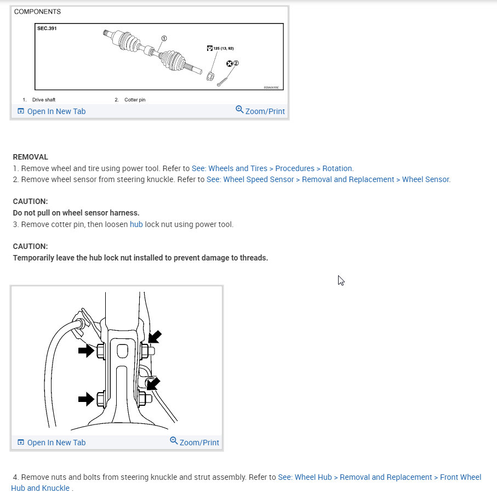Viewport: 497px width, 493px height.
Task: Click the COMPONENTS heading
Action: coord(37,12)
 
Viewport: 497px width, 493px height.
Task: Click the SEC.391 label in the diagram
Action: coord(47,29)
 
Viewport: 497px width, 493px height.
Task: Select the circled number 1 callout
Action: coord(163,38)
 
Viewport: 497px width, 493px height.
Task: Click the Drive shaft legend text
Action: coord(43,100)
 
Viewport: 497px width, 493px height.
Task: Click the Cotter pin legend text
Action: coord(135,100)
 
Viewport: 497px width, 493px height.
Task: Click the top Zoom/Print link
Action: coord(260,111)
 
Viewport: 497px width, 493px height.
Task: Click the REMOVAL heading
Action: coord(31,157)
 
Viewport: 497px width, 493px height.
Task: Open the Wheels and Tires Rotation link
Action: coord(272,168)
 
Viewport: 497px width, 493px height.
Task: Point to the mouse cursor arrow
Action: coord(341,280)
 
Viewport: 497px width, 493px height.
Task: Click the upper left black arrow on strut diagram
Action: coord(87,350)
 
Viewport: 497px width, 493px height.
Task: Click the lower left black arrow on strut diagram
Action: coord(87,399)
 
